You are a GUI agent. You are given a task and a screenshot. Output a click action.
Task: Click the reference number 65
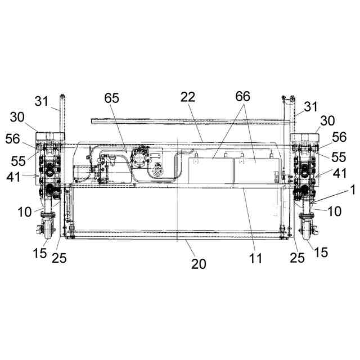(111, 98)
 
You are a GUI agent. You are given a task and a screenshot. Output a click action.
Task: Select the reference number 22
(188, 97)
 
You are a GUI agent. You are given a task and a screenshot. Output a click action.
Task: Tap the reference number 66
(242, 96)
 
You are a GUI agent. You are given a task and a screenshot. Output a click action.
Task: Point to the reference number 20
(199, 264)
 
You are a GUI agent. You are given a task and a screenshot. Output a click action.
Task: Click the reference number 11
(255, 258)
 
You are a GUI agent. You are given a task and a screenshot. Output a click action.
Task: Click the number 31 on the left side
(42, 101)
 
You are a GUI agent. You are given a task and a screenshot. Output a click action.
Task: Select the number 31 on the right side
(310, 107)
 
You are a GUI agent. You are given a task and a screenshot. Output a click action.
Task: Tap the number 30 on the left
(17, 118)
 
